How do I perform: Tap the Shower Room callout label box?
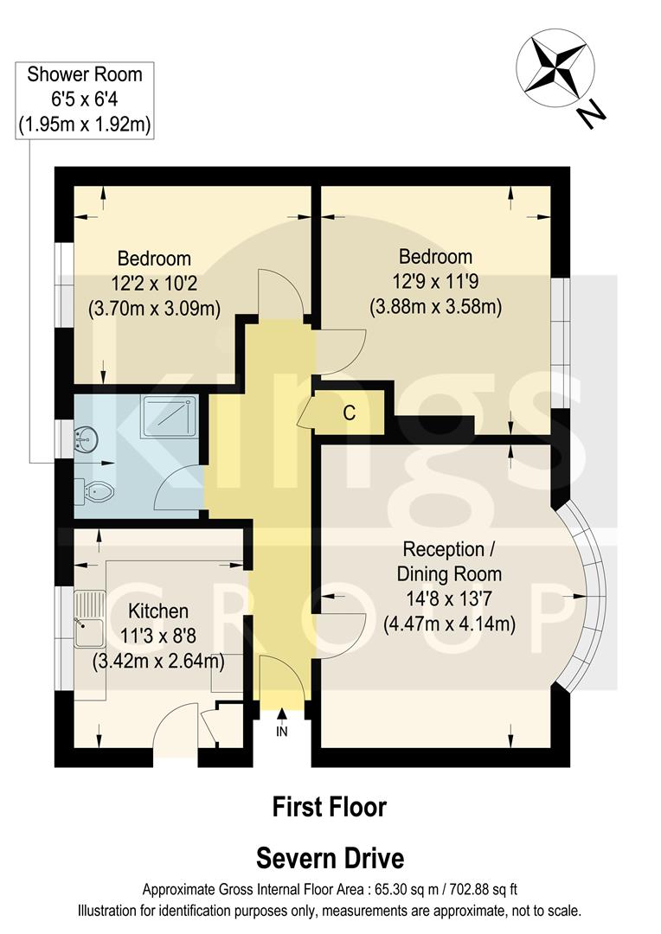(85, 99)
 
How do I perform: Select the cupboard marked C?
(349, 413)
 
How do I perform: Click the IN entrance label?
(282, 731)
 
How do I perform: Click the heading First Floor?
(329, 807)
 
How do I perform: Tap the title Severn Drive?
(330, 858)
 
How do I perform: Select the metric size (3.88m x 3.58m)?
(435, 305)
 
